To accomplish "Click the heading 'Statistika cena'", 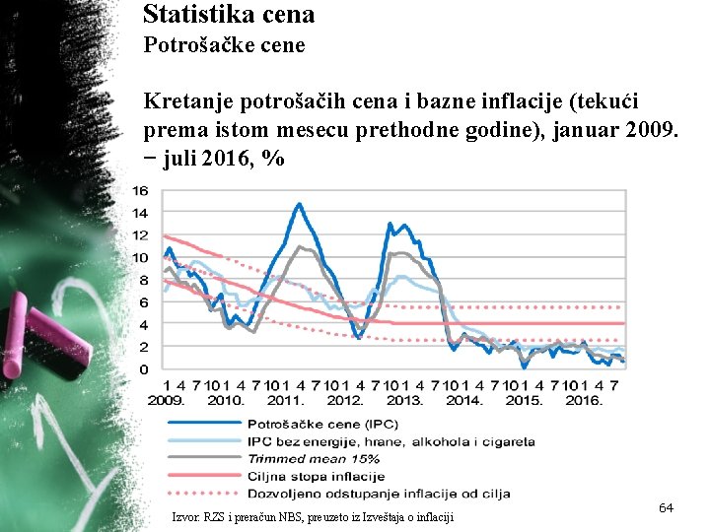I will tap(229, 14).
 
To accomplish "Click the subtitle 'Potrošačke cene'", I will tap(224, 45).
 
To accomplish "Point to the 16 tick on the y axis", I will tap(140, 190).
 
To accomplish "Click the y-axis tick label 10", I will tap(140, 257).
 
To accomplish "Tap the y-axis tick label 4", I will tap(144, 324).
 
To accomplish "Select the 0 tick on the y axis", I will tap(144, 369).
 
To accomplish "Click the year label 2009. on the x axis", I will tap(167, 400).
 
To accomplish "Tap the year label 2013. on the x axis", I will tap(404, 400).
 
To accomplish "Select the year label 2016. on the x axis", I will tap(584, 400).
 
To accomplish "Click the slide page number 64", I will tap(666, 507).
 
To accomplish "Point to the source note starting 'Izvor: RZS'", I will tap(313, 516).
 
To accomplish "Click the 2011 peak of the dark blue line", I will tap(299, 204).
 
